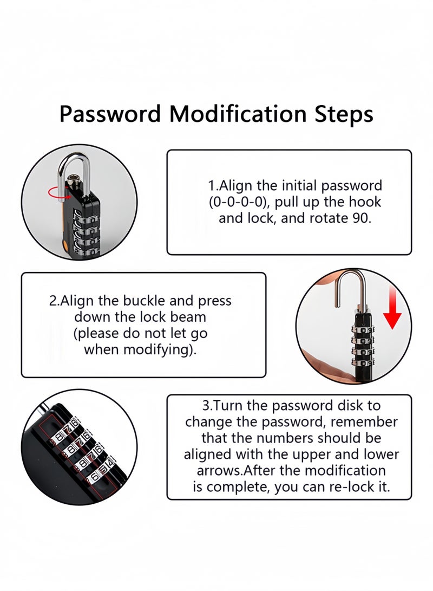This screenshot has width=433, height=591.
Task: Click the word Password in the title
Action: click(110, 115)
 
